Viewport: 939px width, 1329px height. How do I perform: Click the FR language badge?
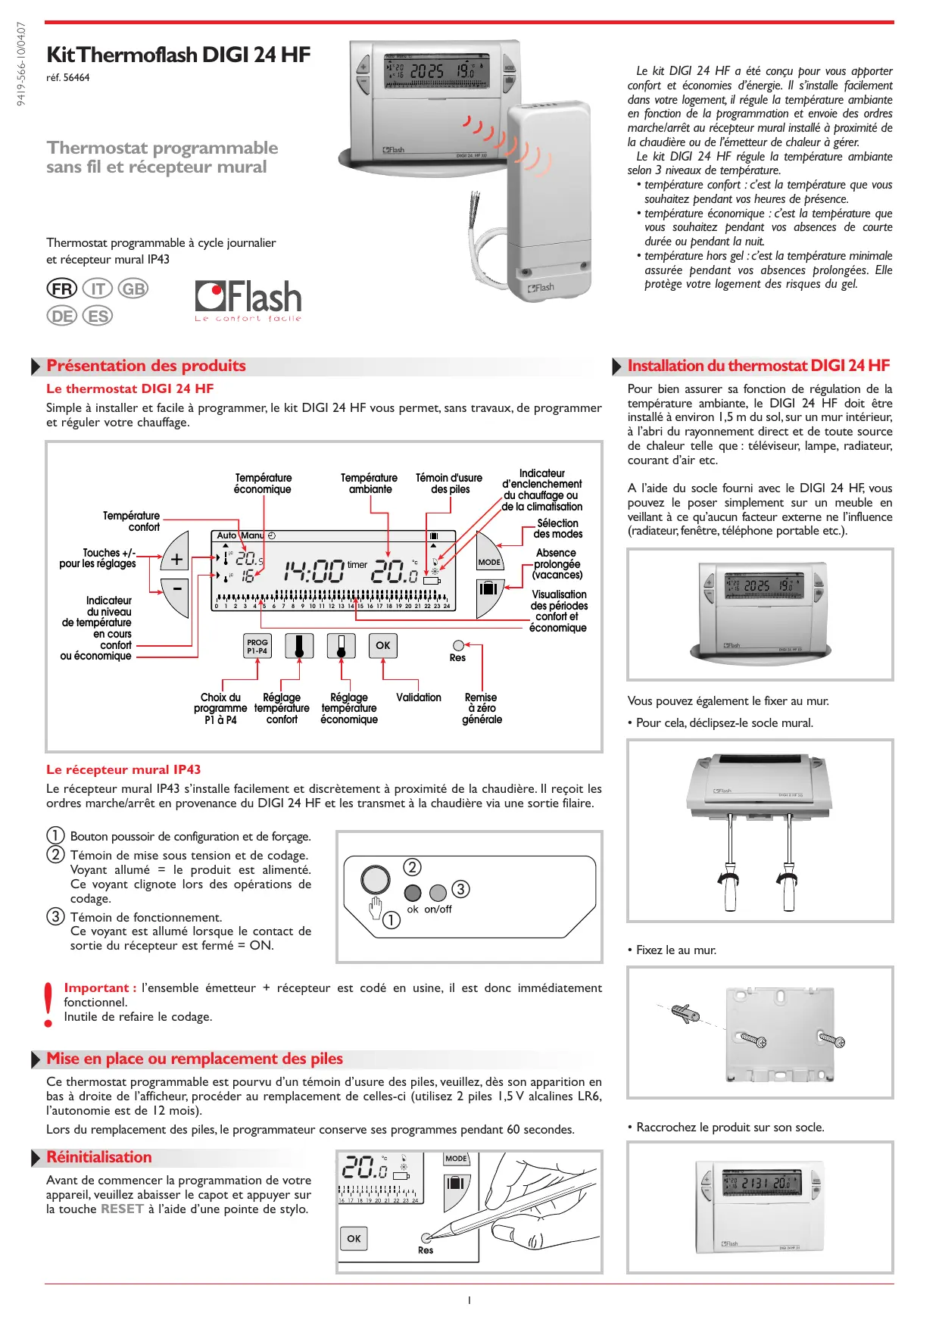(62, 289)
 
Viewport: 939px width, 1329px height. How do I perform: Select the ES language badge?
(98, 316)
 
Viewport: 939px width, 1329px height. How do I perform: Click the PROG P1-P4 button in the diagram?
(257, 646)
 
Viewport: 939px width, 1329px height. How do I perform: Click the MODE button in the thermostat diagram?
(489, 562)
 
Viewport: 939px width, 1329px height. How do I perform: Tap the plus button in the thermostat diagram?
(176, 560)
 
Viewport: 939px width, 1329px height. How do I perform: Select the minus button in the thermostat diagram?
(176, 588)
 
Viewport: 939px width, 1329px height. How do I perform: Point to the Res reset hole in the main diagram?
(458, 646)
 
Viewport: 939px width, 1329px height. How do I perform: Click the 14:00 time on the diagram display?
(314, 570)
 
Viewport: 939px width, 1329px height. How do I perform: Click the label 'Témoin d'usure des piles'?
(449, 483)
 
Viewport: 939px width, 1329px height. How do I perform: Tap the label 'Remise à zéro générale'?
(482, 708)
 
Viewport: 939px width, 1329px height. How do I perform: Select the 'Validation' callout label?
(419, 697)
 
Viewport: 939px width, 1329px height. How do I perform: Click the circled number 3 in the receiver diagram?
(460, 888)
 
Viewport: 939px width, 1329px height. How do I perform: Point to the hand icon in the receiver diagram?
(375, 906)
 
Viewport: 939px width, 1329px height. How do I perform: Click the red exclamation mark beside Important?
(49, 1004)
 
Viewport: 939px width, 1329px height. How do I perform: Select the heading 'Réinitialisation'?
(99, 1157)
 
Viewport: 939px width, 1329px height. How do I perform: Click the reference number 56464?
(76, 77)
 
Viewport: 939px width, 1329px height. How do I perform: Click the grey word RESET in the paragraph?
(122, 1209)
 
